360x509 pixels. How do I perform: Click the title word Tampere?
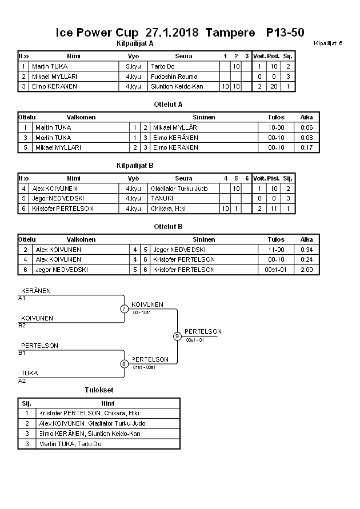point(230,33)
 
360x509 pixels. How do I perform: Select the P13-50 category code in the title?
point(285,33)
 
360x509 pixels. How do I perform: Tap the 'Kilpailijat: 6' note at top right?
point(328,43)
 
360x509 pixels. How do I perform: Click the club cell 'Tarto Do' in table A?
point(163,66)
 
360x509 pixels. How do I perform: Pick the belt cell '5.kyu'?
point(133,66)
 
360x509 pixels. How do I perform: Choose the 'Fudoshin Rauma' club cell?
point(174,77)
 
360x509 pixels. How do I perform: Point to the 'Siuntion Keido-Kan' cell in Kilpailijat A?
point(177,86)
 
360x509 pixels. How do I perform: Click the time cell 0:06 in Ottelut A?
point(306,127)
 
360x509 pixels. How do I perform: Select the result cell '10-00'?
point(276,127)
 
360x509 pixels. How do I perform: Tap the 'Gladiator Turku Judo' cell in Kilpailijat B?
point(179,189)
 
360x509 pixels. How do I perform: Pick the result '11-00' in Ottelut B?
point(276,250)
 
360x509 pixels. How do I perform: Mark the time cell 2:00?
point(306,269)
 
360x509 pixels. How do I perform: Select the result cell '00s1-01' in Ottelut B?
point(276,269)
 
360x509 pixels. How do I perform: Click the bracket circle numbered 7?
point(124,309)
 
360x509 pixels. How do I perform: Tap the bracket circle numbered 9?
point(177,336)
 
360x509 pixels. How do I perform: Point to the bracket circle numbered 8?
point(124,364)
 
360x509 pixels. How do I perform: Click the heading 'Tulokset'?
point(99,390)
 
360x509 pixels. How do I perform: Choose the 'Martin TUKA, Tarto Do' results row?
point(70,444)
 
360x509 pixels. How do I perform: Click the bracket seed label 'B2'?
point(22,326)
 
